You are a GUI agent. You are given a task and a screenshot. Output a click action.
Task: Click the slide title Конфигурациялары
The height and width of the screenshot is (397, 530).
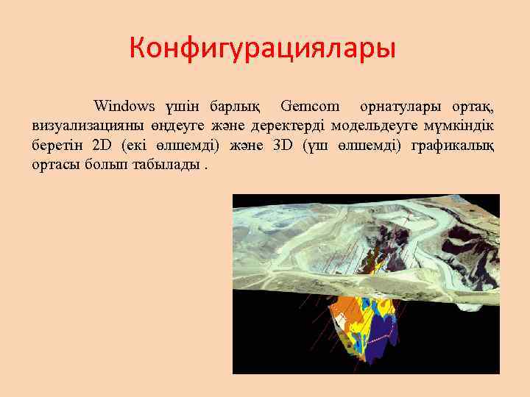click(262, 49)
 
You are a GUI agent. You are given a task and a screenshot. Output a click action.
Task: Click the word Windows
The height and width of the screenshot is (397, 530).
click(124, 105)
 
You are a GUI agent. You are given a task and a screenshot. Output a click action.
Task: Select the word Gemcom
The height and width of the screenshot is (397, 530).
click(310, 105)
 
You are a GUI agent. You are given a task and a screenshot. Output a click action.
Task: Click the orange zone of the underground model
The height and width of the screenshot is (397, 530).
click(346, 323)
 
